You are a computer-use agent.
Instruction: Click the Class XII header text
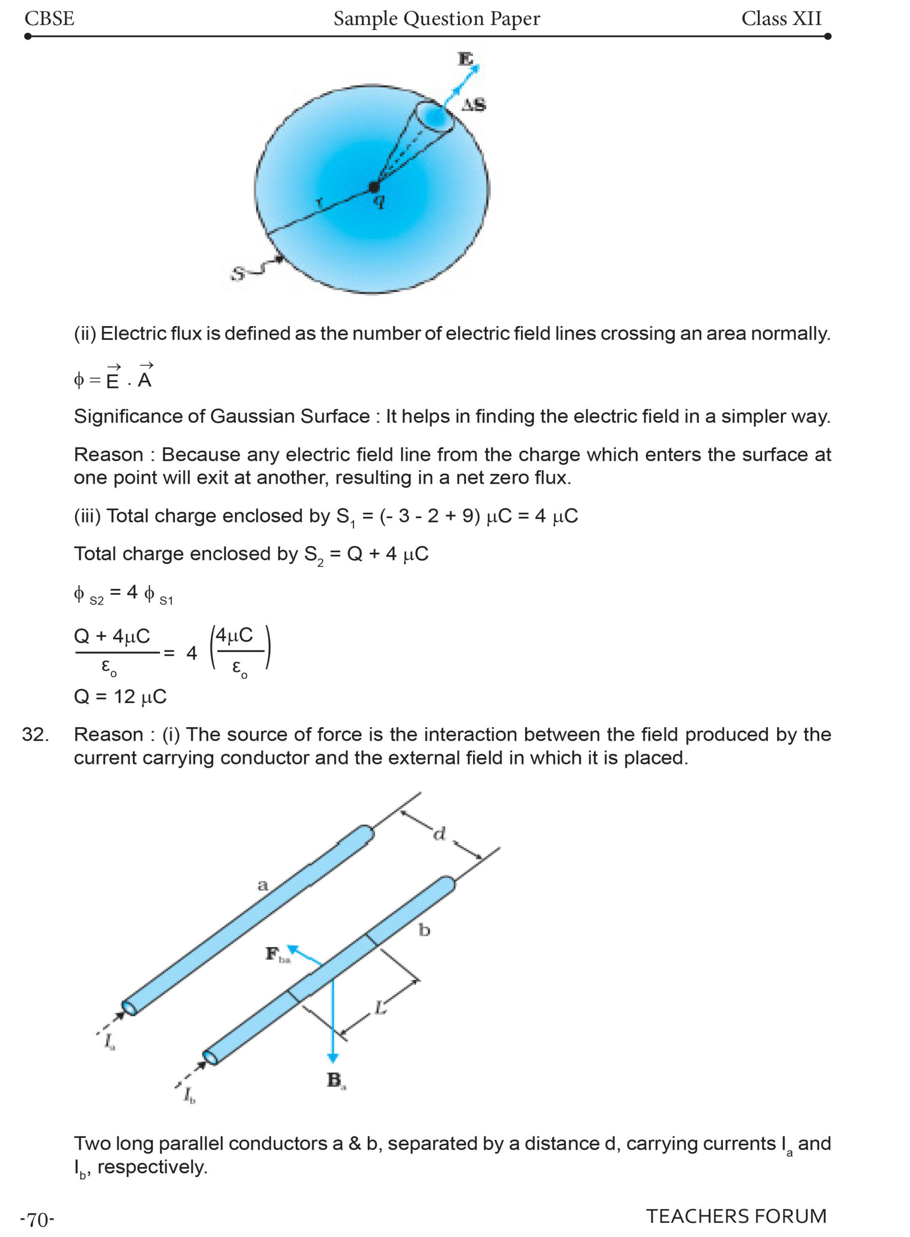(780, 19)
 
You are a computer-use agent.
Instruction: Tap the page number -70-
(37, 1220)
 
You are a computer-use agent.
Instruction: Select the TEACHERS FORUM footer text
(736, 1216)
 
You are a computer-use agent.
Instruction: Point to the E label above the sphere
(465, 58)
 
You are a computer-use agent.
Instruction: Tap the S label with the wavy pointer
(237, 273)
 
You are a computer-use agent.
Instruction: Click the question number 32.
(35, 734)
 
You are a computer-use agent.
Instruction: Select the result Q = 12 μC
(120, 697)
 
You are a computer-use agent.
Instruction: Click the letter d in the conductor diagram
(439, 834)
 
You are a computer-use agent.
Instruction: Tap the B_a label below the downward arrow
(335, 1080)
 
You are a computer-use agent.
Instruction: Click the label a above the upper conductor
(263, 885)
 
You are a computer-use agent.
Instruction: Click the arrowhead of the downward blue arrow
(332, 1057)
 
